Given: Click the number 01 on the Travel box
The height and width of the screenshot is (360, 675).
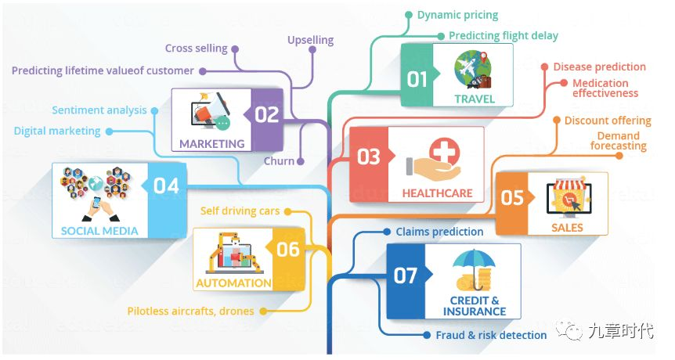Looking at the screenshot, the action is pos(417,79).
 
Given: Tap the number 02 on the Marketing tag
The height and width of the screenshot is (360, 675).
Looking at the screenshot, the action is pos(266,115).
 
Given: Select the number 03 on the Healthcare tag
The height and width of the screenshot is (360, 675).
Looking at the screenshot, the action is pos(368,157).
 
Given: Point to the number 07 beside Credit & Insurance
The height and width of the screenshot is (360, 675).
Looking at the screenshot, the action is pos(406,275).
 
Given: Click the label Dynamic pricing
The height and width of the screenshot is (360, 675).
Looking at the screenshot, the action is pos(457,15).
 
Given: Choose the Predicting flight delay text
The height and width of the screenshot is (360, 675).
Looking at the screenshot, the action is pos(504,35).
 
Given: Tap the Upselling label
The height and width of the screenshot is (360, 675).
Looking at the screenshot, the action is pos(310,40).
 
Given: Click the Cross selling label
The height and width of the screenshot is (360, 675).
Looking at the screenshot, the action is pos(196,48).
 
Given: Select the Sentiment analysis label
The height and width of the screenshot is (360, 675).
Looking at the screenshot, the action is pos(99,110).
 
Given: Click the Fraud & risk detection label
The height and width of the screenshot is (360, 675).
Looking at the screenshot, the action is pos(491,335).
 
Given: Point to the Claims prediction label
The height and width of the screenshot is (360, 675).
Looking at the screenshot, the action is pos(439,232).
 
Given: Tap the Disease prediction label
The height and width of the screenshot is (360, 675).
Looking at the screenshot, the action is pos(599,67).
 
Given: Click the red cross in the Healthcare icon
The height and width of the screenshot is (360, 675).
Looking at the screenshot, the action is pos(444,151).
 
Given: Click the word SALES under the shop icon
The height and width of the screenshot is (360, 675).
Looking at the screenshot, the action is pos(567,228).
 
